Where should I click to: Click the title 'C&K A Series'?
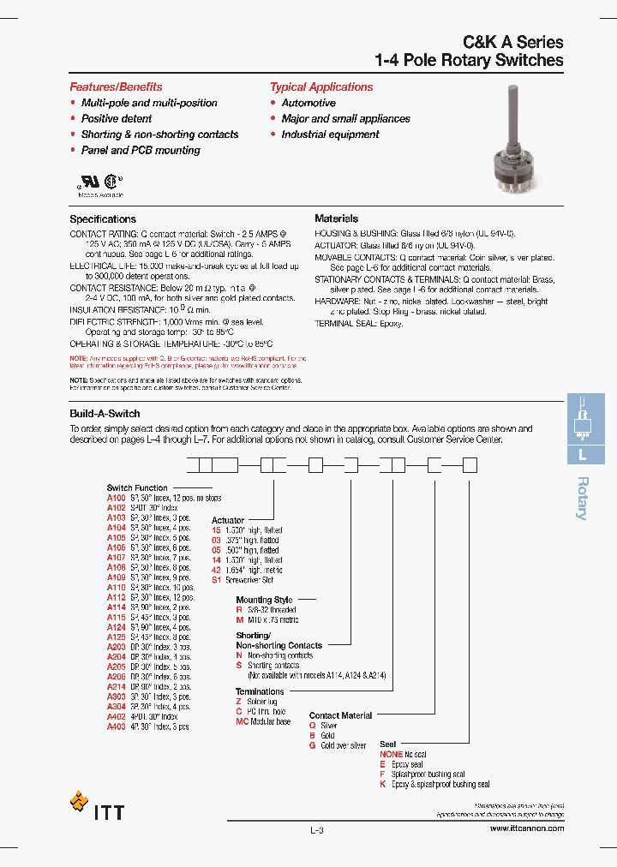tap(513, 41)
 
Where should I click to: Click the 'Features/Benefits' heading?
tap(116, 87)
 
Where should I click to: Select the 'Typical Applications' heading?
tap(321, 87)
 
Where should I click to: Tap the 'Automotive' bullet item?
tap(308, 103)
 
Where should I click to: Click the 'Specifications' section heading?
tap(103, 219)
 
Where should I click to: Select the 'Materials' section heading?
tap(336, 219)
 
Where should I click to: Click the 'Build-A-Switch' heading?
tap(105, 414)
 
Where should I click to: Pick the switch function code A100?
tap(116, 498)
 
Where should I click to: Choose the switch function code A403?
tap(116, 726)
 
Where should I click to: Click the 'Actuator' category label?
tap(228, 520)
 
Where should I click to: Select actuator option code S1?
tap(217, 579)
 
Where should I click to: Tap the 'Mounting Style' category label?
tap(264, 600)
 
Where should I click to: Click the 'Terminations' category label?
tap(260, 691)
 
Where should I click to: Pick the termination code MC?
tap(242, 721)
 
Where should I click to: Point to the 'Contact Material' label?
tap(340, 715)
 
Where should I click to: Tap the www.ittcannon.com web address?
tap(527, 828)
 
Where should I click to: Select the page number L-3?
tap(316, 830)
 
